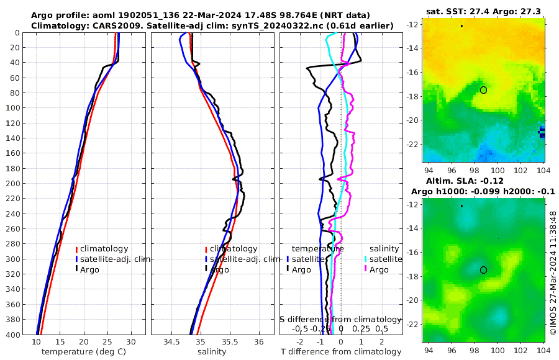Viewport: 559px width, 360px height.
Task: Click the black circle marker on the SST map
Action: pyautogui.click(x=484, y=90)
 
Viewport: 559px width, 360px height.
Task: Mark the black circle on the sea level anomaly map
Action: pyautogui.click(x=484, y=270)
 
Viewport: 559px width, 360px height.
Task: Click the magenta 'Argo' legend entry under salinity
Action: pyautogui.click(x=378, y=269)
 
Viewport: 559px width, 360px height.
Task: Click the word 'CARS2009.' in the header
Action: pyautogui.click(x=111, y=25)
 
